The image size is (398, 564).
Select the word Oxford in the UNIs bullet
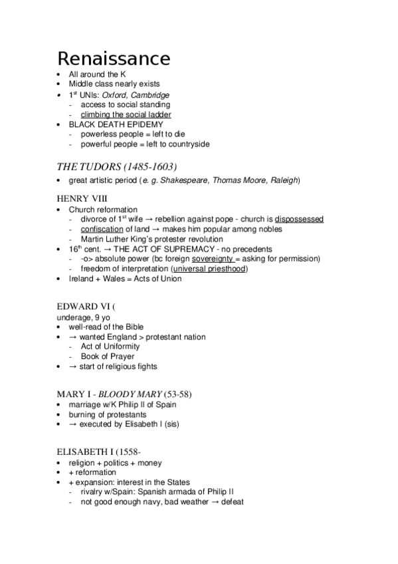pos(114,95)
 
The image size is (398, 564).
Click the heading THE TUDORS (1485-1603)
pos(117,167)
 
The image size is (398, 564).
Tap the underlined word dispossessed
pos(300,219)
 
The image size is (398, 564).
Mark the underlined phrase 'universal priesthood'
pos(209,269)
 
